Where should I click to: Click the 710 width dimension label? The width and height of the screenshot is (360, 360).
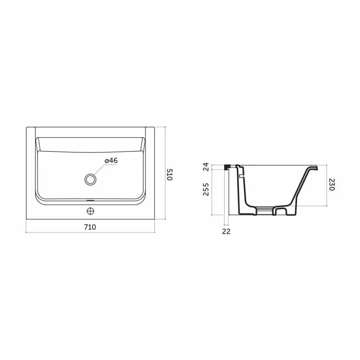click(90, 227)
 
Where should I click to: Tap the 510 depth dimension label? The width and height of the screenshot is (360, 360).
click(170, 175)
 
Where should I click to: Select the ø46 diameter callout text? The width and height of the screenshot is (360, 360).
click(111, 161)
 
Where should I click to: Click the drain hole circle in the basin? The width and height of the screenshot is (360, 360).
click(90, 178)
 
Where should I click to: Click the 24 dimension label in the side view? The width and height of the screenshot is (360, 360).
click(206, 167)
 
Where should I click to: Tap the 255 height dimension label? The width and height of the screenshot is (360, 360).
click(206, 189)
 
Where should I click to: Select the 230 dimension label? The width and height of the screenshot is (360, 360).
click(332, 185)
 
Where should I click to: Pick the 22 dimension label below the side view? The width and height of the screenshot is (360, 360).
click(226, 231)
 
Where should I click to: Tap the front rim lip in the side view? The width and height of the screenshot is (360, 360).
click(313, 167)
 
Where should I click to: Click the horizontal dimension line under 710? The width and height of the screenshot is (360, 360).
click(90, 232)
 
